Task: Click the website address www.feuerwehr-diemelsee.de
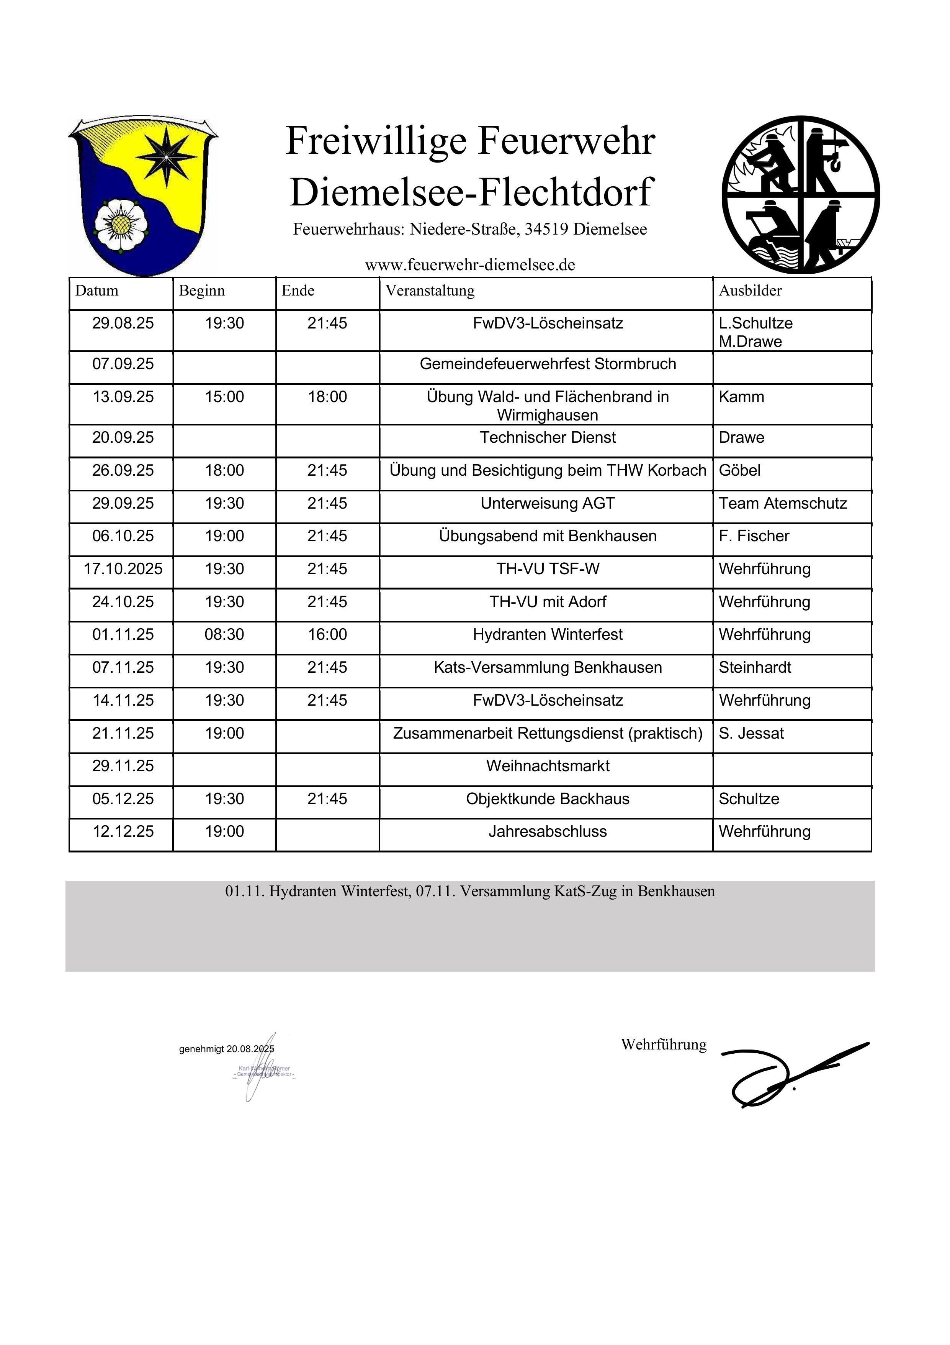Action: tap(470, 265)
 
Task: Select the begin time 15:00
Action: tap(224, 397)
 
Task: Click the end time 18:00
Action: tap(327, 397)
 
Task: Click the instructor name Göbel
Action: tap(739, 470)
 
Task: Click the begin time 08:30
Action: tap(224, 634)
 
